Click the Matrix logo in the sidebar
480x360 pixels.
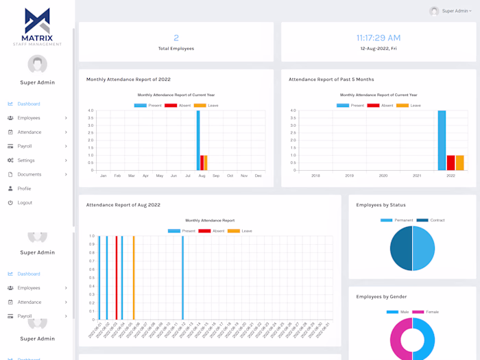coord(37,26)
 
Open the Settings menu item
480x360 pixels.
coord(26,160)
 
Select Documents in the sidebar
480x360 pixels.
coord(29,175)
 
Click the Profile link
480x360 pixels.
coord(24,189)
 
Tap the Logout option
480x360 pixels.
coord(25,203)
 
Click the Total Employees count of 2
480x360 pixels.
coord(176,38)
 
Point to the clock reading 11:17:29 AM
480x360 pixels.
coord(379,38)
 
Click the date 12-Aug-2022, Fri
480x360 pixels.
coord(379,49)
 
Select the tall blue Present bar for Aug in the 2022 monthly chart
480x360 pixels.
coord(198,141)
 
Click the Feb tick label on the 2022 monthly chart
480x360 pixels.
coord(117,176)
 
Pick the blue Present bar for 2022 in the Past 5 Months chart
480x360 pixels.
coord(442,141)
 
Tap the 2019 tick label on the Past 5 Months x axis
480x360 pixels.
coord(349,176)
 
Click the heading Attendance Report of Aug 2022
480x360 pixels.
coord(123,205)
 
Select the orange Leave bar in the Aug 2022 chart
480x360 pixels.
coord(134,278)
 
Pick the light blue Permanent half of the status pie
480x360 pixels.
coord(424,248)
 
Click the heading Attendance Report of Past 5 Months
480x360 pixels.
coord(331,80)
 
